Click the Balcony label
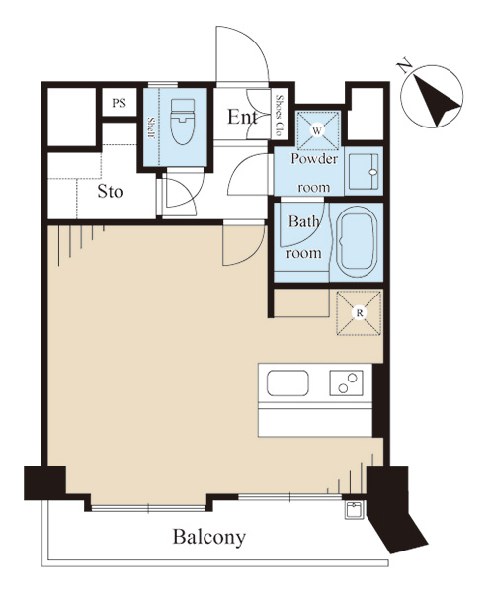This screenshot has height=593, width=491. [209, 537]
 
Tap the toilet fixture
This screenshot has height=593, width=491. [183, 122]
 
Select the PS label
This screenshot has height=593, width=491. [120, 103]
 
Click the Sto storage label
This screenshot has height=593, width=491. [110, 192]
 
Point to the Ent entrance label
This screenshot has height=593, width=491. [242, 117]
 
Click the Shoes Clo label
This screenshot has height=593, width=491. [280, 116]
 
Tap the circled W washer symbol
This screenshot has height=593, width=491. [317, 130]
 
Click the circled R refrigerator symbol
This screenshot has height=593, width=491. [360, 313]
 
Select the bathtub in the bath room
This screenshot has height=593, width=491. [357, 242]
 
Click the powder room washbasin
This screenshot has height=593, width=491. [364, 171]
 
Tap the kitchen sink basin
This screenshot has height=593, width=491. [287, 383]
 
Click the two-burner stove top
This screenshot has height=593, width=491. [346, 382]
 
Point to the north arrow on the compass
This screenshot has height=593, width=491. [438, 101]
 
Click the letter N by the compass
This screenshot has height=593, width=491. [404, 66]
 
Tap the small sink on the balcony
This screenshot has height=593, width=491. [354, 510]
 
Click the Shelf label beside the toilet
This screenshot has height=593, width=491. [151, 128]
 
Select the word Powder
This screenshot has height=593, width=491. [314, 159]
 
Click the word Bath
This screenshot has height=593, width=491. [303, 221]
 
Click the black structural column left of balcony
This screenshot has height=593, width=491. [44, 483]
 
